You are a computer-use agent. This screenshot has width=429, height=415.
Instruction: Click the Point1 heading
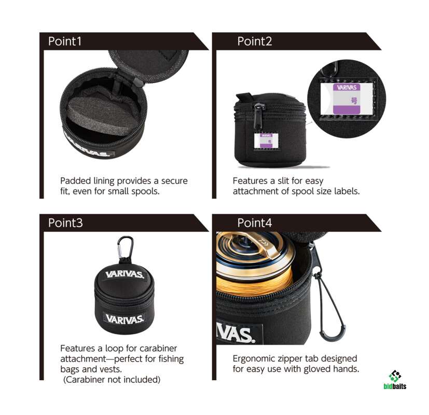(x=65, y=41)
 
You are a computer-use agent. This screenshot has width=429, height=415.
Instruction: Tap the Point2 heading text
(x=255, y=41)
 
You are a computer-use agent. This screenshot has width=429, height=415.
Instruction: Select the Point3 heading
(x=65, y=223)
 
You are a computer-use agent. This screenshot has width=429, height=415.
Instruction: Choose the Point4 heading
(x=255, y=223)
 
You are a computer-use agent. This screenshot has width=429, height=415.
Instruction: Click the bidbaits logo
(x=395, y=380)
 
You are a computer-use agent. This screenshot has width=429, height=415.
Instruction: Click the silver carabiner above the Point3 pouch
(x=126, y=247)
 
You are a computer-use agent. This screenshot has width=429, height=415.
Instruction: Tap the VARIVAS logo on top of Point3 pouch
(x=124, y=274)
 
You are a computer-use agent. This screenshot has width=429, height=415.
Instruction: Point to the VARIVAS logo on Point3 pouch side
(x=124, y=319)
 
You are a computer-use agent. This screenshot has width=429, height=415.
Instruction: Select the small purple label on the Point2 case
(x=266, y=141)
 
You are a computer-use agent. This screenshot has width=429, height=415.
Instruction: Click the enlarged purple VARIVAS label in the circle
(x=347, y=99)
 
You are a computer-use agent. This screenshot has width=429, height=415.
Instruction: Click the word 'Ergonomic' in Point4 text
(x=254, y=359)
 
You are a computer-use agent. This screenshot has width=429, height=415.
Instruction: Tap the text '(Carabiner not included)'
(x=112, y=380)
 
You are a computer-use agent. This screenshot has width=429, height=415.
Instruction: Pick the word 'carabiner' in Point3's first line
(x=158, y=349)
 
